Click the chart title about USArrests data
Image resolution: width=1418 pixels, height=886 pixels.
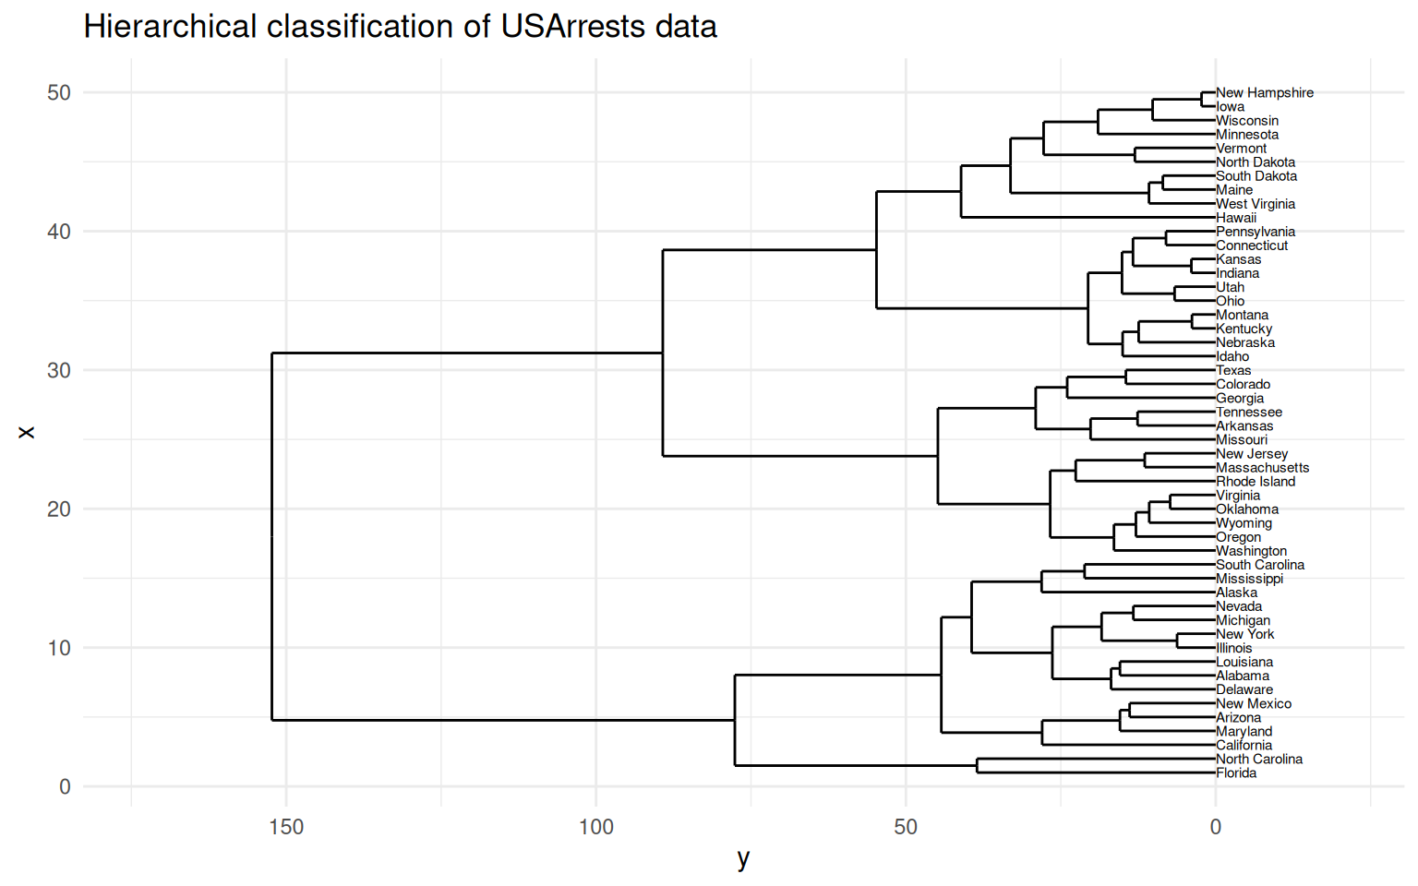point(400,27)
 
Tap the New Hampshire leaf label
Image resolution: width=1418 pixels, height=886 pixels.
point(1264,93)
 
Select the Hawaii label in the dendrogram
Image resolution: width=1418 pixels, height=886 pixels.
point(1236,218)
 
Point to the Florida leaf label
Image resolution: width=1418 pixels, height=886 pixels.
point(1236,773)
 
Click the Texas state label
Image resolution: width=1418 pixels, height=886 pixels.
point(1233,371)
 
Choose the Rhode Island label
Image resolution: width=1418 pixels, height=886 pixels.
point(1256,482)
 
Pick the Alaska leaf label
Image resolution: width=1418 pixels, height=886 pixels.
point(1236,593)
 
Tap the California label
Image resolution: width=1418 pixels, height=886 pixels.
point(1244,746)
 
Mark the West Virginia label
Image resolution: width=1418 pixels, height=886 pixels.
point(1256,204)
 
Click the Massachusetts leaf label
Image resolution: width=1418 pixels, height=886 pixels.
point(1262,468)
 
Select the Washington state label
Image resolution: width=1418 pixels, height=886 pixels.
point(1251,551)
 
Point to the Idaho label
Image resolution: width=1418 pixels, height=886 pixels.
point(1232,357)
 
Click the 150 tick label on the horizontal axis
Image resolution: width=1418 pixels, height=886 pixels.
point(286,827)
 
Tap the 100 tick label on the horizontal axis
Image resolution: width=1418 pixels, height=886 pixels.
point(595,827)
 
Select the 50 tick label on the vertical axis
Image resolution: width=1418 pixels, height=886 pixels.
point(58,93)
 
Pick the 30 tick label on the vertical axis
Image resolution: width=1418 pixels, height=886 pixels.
point(58,371)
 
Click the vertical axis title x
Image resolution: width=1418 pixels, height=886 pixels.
point(26,432)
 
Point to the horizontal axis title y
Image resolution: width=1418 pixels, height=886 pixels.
point(743,859)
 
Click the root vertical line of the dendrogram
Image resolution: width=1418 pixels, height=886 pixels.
point(272,535)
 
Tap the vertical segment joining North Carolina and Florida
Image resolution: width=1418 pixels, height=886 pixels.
point(978,766)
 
